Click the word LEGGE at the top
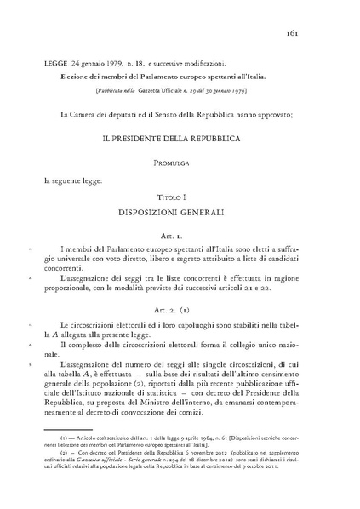click(58, 64)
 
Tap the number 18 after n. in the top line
click(160, 64)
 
